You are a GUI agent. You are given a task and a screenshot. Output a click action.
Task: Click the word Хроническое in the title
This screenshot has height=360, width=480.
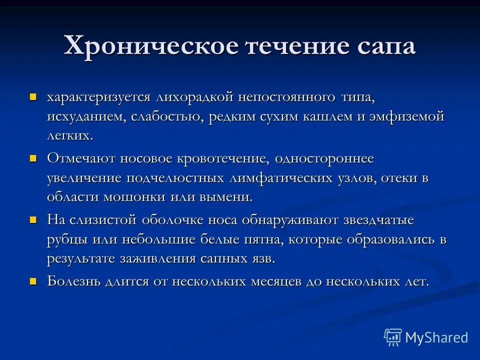[x=150, y=47]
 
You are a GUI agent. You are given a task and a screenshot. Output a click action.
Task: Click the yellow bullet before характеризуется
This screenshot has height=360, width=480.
[x=34, y=95]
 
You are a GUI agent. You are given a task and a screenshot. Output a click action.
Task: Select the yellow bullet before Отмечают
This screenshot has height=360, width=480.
[x=34, y=158]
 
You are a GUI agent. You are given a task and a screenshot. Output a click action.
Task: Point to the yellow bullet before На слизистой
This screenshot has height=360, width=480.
[x=34, y=219]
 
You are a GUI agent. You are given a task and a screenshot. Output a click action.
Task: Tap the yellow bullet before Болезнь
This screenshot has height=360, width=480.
[x=34, y=281]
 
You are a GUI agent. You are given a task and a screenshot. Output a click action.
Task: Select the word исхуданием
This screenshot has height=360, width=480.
[x=85, y=116]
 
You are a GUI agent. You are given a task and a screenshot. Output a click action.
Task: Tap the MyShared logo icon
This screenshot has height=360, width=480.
[x=393, y=337]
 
